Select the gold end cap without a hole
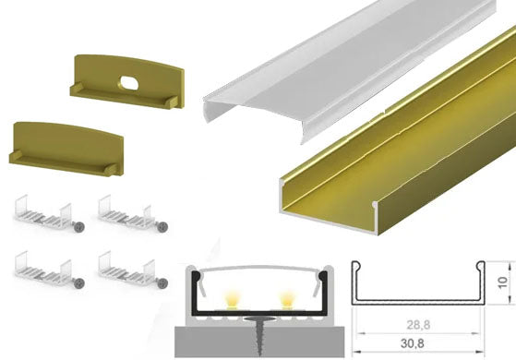[66, 148]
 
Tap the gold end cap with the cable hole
[127, 81]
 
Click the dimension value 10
[502, 282]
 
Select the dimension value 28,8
[418, 325]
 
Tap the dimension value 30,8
[413, 344]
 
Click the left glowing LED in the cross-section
[232, 300]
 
